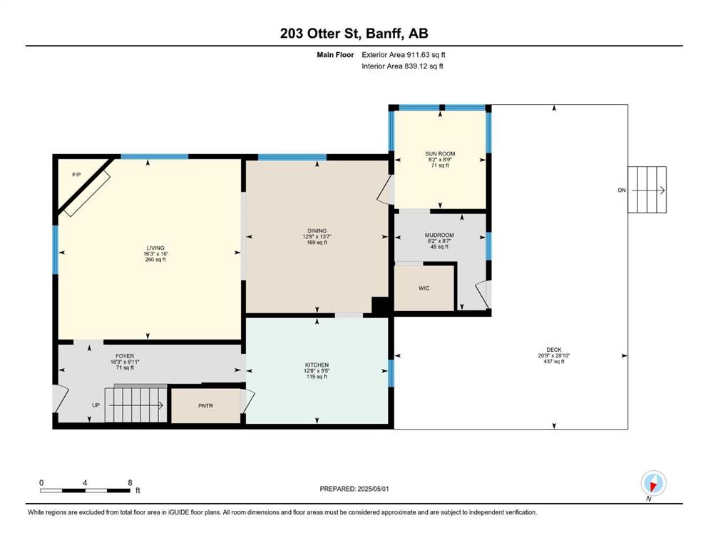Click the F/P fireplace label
pyautogui.click(x=77, y=174)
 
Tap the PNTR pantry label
pyautogui.click(x=205, y=406)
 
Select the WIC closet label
pyautogui.click(x=424, y=288)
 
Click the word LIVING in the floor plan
pyautogui.click(x=155, y=248)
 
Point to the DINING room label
pyautogui.click(x=317, y=231)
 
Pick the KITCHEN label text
pyautogui.click(x=317, y=365)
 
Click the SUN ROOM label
pyautogui.click(x=440, y=153)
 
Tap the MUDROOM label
pyautogui.click(x=439, y=235)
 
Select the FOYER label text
pyautogui.click(x=125, y=357)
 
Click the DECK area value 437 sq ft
pyautogui.click(x=554, y=362)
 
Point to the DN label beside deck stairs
pyautogui.click(x=622, y=191)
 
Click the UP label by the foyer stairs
pyautogui.click(x=96, y=405)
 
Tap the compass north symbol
pyautogui.click(x=653, y=484)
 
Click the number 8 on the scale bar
pyautogui.click(x=130, y=482)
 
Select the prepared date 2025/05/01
pyautogui.click(x=373, y=489)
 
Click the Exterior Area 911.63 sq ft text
pyautogui.click(x=404, y=55)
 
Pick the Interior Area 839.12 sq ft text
pyautogui.click(x=402, y=66)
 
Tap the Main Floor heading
pyautogui.click(x=335, y=55)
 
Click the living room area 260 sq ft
pyautogui.click(x=155, y=260)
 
